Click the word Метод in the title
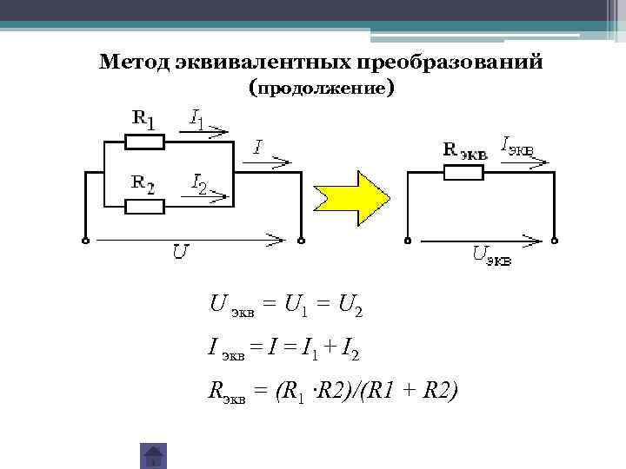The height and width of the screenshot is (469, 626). (132, 63)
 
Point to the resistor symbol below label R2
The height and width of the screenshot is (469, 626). (143, 206)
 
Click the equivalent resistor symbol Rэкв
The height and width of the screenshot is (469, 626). (463, 172)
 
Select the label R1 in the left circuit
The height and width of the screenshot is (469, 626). (144, 118)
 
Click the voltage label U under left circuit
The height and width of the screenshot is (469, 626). (180, 252)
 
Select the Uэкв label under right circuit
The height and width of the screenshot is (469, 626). (492, 254)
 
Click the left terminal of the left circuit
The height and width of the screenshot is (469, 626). (85, 240)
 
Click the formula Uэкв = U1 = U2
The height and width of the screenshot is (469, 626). (286, 305)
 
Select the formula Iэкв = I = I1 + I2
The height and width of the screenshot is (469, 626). (284, 350)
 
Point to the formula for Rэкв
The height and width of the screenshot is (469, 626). (332, 393)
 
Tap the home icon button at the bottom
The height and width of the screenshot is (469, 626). (153, 455)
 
